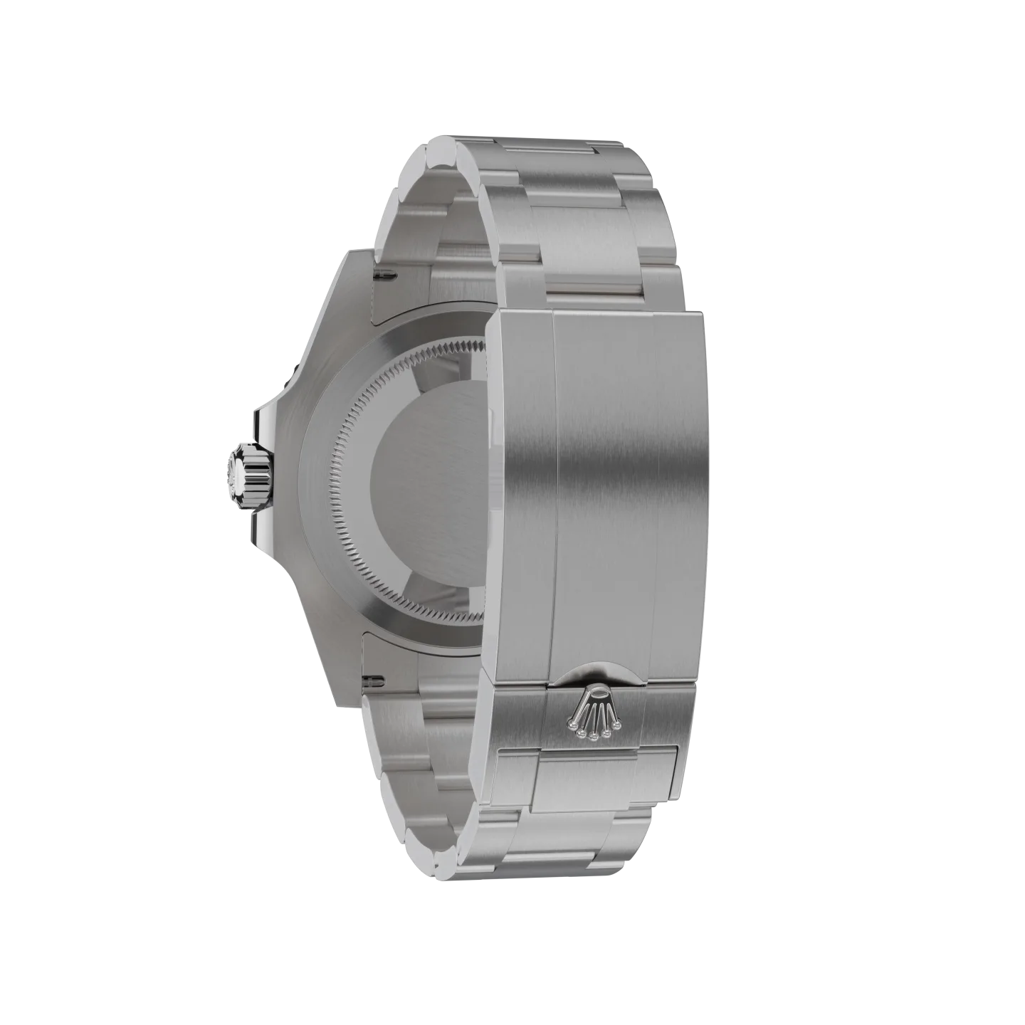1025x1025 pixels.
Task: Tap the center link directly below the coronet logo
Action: pos(591,779)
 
